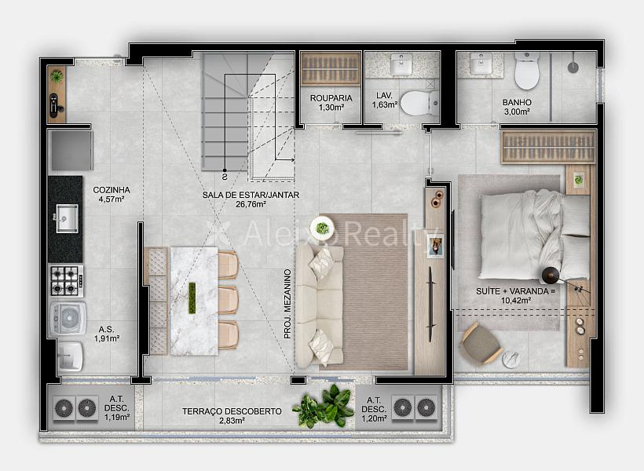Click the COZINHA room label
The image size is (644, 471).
pyautogui.click(x=112, y=190)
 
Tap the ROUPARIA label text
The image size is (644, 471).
pyautogui.click(x=331, y=98)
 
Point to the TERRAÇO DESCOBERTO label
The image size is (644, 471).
pyautogui.click(x=232, y=411)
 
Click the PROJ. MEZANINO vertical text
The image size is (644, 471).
pyautogui.click(x=287, y=304)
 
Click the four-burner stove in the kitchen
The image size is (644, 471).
pyautogui.click(x=67, y=281)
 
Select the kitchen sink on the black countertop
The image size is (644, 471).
pyautogui.click(x=67, y=218)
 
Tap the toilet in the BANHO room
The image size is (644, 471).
pyautogui.click(x=527, y=70)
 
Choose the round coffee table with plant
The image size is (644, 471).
pyautogui.click(x=322, y=228)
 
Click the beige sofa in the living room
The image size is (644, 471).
pyautogui.click(x=320, y=306)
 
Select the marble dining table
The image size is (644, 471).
pyautogui.click(x=194, y=301)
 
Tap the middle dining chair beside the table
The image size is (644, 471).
pyautogui.click(x=228, y=300)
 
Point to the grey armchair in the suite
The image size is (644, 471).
pyautogui.click(x=480, y=344)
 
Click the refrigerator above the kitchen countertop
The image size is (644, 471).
pyautogui.click(x=71, y=150)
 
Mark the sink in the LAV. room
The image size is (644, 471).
pyautogui.click(x=401, y=64)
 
